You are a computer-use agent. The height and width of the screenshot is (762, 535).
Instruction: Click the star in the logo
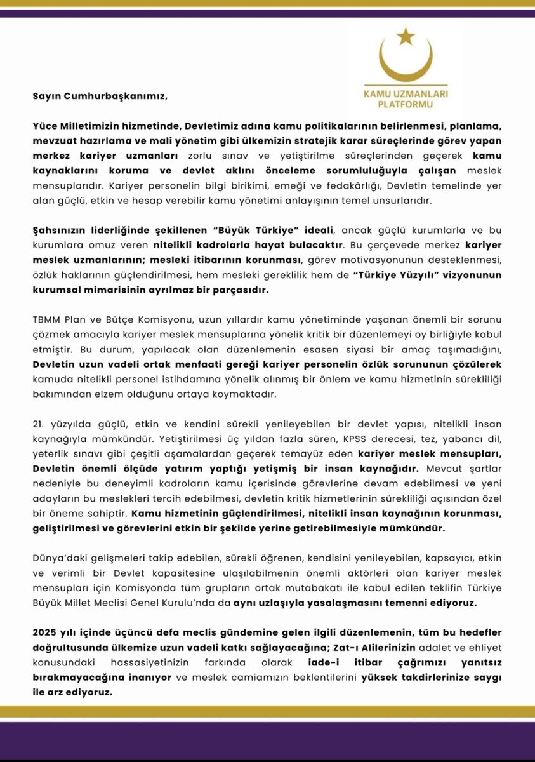click(x=404, y=37)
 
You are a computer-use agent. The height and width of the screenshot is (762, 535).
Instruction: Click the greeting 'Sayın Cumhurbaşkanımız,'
click(x=100, y=97)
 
